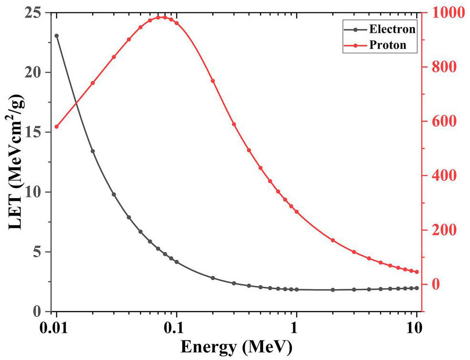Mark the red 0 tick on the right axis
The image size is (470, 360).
click(x=430, y=284)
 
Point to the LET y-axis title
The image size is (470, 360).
click(x=16, y=162)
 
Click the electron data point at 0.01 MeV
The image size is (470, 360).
click(x=56, y=36)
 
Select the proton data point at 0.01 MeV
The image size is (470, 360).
click(x=56, y=127)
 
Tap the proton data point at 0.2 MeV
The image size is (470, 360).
click(x=213, y=81)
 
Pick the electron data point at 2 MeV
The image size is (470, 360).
click(x=333, y=290)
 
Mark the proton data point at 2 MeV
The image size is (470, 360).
click(x=333, y=240)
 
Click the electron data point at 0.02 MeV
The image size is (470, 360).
click(x=93, y=151)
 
